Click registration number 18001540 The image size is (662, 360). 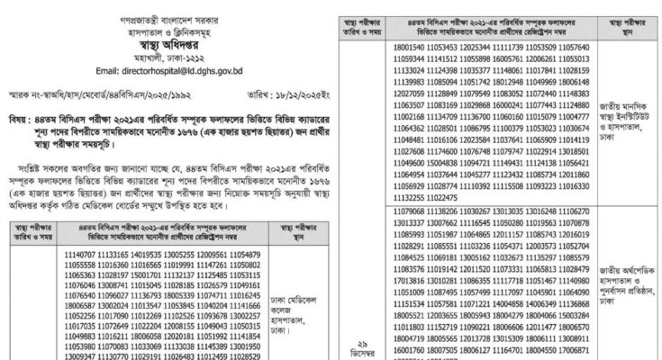[411, 44]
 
